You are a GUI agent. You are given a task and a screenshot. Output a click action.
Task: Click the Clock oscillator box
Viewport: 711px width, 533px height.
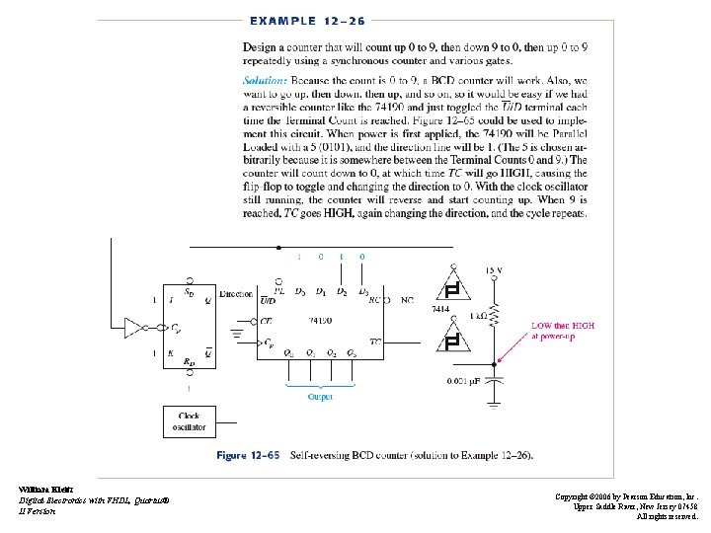pos(188,421)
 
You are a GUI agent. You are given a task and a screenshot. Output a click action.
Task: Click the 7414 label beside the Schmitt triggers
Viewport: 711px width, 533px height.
pos(440,309)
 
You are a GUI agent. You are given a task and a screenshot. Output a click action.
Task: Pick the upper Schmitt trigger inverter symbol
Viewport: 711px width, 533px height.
pos(452,289)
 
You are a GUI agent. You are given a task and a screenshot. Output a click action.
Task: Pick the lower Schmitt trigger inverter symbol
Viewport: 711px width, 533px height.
pos(452,342)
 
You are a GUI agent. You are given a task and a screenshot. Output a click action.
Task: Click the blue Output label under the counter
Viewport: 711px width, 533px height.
pos(319,397)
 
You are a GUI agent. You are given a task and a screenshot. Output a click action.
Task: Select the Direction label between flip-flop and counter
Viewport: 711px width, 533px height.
pos(235,294)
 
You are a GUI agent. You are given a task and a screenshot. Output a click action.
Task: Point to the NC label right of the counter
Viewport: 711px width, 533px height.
pos(407,299)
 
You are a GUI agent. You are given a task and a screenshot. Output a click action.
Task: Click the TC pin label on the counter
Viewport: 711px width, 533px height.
pos(375,342)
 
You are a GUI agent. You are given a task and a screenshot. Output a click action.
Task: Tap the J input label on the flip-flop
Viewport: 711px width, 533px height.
pos(173,299)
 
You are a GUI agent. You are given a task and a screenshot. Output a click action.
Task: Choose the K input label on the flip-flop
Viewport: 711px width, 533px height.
pos(173,352)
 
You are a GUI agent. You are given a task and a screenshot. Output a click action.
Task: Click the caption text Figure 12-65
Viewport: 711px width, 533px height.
pos(248,455)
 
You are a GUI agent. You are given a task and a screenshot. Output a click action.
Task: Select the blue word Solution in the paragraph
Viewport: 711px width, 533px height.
pos(266,79)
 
